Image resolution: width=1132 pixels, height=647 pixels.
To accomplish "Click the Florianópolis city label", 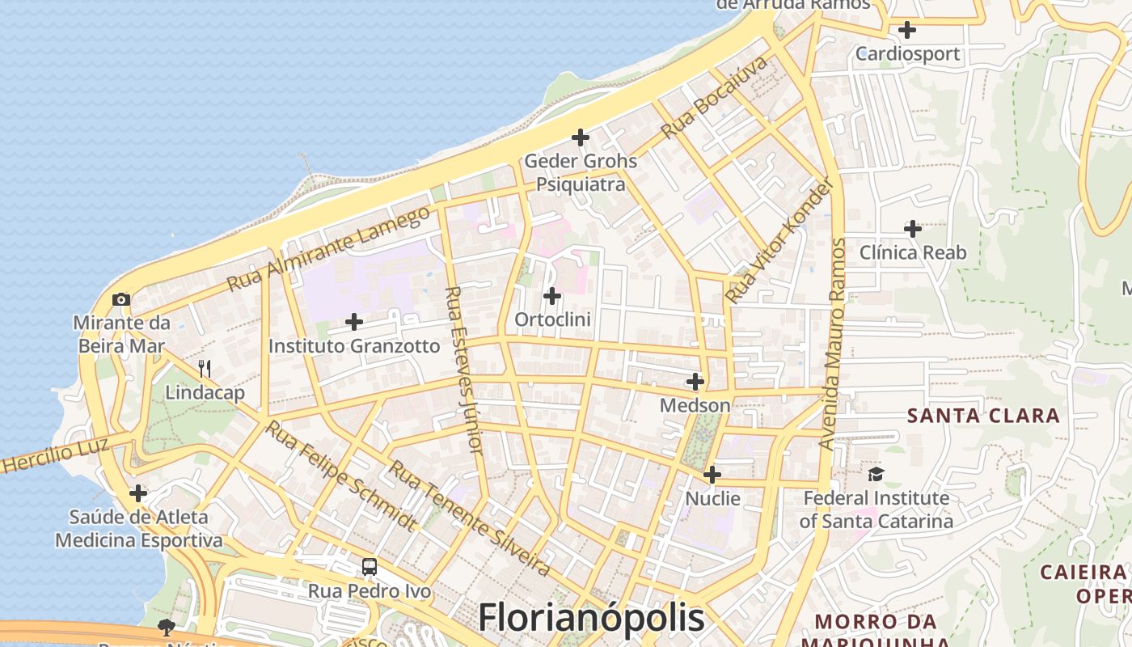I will coord(591,619).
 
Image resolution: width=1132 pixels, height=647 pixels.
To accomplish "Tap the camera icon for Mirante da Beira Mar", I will coord(121,300).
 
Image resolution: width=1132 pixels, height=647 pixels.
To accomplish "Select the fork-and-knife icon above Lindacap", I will coord(205,369).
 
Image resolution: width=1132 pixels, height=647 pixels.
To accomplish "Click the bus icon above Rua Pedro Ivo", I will coord(370,567).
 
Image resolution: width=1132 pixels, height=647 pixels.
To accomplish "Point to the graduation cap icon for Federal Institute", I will coord(876,474).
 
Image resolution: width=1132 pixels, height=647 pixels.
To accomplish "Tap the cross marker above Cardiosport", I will coord(907,30).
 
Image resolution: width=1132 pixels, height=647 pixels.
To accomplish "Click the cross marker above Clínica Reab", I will coord(913,229).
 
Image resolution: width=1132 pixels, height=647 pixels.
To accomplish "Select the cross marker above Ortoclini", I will coord(552,296).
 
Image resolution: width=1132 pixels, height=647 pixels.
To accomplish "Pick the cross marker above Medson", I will coord(695,381).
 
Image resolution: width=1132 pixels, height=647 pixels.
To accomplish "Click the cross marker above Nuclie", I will coord(712,475).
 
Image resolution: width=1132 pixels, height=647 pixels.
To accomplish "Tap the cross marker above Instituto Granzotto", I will coord(354,322).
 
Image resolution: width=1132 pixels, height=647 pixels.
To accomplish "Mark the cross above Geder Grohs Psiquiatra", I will coord(581,137).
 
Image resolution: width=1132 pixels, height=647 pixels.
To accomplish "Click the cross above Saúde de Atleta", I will coord(138,493).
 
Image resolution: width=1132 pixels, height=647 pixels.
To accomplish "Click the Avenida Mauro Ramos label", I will coord(832,344).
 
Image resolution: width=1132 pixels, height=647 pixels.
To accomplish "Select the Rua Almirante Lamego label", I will coord(329,248).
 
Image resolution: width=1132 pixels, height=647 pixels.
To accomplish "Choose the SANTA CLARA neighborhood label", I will coord(983,416).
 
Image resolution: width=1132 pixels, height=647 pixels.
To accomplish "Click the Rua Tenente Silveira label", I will coord(470,518).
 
